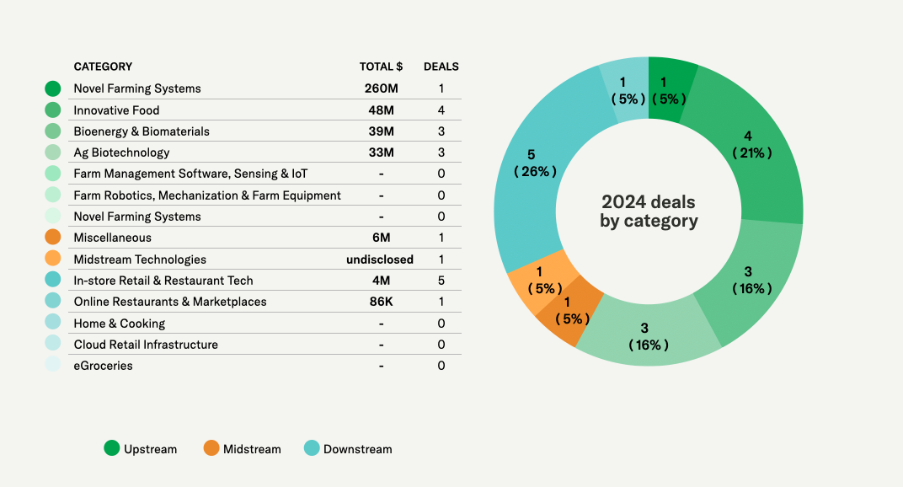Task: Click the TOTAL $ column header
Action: (x=381, y=67)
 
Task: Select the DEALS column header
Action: (x=441, y=67)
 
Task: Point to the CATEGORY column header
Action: (x=103, y=67)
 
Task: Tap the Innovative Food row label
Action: (x=116, y=110)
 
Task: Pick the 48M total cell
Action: (x=382, y=110)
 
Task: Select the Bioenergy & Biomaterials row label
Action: (x=142, y=131)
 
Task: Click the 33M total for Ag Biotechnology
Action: (x=382, y=153)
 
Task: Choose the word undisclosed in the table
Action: (x=380, y=260)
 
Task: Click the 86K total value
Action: (x=382, y=302)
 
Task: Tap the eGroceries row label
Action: (x=103, y=366)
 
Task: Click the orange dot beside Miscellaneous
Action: (x=53, y=238)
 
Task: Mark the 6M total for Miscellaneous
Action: (x=382, y=238)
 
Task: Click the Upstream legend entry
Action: (x=140, y=449)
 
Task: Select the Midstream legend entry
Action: (x=242, y=449)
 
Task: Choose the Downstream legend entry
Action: (x=347, y=449)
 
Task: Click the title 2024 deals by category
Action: (x=649, y=211)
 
